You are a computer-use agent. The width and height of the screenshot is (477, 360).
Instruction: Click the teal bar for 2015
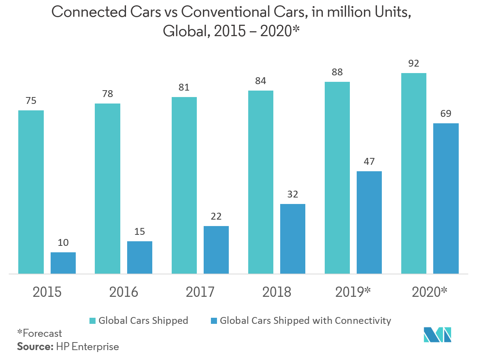click(31, 192)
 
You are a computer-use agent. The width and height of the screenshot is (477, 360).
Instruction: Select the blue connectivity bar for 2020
click(446, 198)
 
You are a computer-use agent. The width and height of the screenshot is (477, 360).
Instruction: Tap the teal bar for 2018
click(261, 182)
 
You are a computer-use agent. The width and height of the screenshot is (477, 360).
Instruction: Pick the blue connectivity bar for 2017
click(216, 250)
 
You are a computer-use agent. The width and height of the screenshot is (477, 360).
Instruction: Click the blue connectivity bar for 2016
click(140, 257)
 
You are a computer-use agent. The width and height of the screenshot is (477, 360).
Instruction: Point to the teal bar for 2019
click(337, 177)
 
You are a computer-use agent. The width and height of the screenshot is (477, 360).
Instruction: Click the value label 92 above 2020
click(413, 64)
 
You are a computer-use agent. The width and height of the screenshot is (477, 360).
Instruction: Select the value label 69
click(446, 114)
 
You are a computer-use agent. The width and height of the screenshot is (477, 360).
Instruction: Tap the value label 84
click(261, 81)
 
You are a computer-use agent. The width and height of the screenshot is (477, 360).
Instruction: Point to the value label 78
click(108, 94)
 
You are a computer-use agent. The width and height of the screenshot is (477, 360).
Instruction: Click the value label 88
click(337, 72)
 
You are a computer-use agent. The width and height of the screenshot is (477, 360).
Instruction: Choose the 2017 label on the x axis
click(200, 292)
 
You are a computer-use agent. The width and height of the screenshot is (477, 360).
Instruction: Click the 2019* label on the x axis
click(353, 292)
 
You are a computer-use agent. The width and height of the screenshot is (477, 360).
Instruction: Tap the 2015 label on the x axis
click(47, 292)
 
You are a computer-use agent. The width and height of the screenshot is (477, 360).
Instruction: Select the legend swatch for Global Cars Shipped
click(93, 320)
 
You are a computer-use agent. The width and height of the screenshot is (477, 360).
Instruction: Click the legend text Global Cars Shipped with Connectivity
click(305, 320)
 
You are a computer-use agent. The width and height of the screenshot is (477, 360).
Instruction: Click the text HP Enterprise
click(88, 347)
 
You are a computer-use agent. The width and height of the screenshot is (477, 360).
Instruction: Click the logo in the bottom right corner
click(437, 335)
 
